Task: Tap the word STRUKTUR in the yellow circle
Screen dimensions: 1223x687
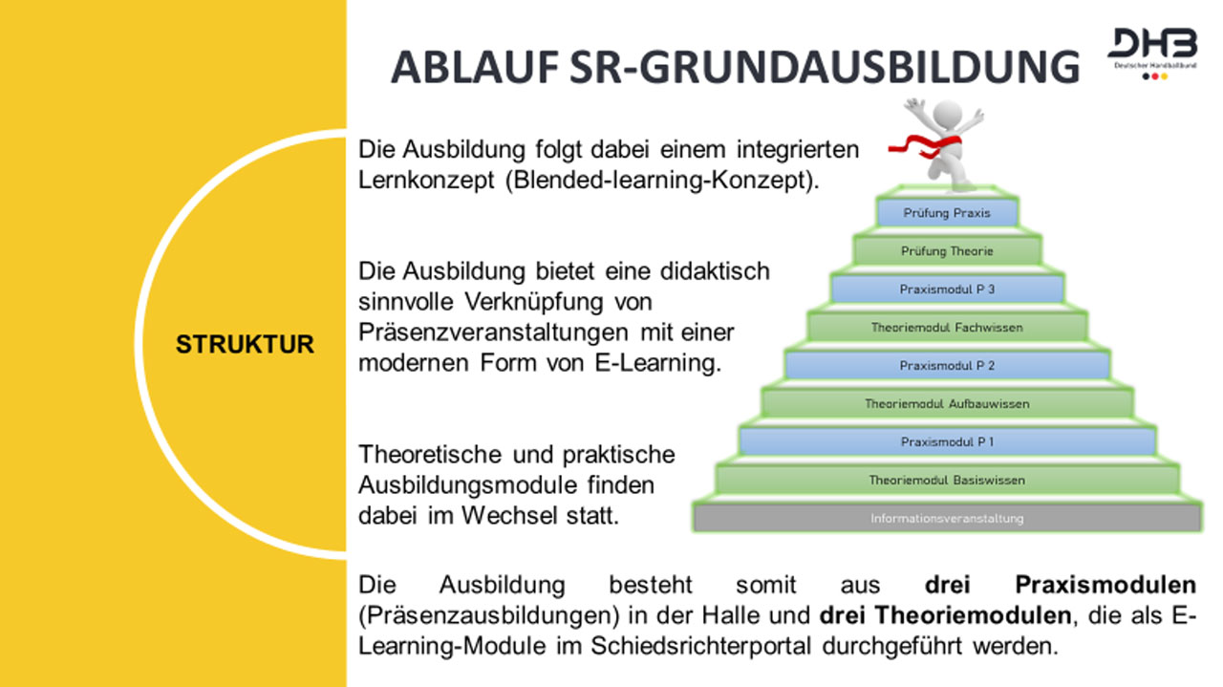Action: [245, 344]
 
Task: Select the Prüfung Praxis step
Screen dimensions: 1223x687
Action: [947, 213]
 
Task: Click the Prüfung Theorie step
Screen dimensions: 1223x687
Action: [947, 251]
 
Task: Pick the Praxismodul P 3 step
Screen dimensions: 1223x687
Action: [947, 289]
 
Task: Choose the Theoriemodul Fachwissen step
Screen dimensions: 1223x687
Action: [947, 327]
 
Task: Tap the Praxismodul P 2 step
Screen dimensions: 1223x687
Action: [947, 365]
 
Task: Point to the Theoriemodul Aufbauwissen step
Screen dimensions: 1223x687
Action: [947, 403]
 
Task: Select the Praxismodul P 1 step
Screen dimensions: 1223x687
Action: [947, 441]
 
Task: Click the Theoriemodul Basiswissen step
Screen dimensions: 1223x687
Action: [947, 480]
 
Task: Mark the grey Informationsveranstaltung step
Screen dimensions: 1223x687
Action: [947, 518]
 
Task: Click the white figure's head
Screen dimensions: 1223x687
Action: [947, 114]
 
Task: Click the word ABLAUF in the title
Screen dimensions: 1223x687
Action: [475, 68]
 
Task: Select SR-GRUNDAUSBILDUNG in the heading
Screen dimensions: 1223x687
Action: [825, 68]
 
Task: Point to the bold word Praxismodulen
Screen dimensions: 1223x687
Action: [1105, 585]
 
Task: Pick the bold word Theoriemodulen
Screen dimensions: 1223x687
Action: [945, 615]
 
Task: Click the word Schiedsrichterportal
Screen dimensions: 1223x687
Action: [700, 646]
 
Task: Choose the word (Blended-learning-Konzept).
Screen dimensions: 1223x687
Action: [662, 181]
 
